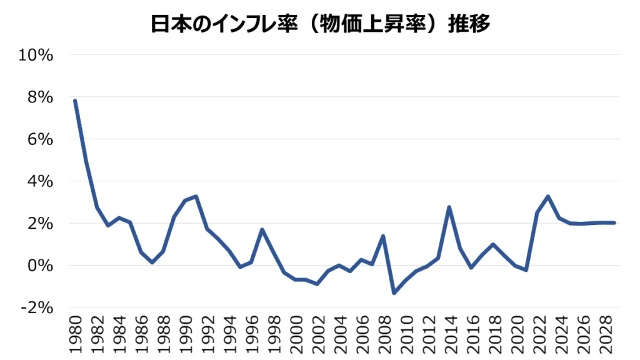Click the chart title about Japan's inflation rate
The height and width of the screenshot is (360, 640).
tap(319, 23)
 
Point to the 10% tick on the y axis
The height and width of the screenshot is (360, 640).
tap(36, 55)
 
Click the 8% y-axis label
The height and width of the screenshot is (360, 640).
tap(39, 97)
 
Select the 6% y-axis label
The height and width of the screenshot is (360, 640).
tap(39, 139)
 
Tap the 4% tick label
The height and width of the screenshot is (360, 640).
tap(39, 181)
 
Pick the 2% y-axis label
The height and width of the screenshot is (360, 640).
tap(39, 224)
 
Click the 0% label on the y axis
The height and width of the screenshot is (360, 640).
tap(39, 266)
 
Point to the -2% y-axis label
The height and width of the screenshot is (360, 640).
tap(37, 307)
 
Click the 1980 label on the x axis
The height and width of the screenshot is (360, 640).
tap(75, 336)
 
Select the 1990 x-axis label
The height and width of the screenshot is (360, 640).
tap(185, 336)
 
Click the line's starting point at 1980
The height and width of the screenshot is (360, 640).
tap(75, 101)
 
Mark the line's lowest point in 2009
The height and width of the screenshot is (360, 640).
tap(394, 293)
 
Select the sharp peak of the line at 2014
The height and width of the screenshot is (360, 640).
tap(449, 207)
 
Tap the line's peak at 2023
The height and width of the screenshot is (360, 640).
tap(548, 196)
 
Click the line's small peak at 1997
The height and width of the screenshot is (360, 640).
tap(262, 229)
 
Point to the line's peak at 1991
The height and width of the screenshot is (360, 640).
tap(196, 196)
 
